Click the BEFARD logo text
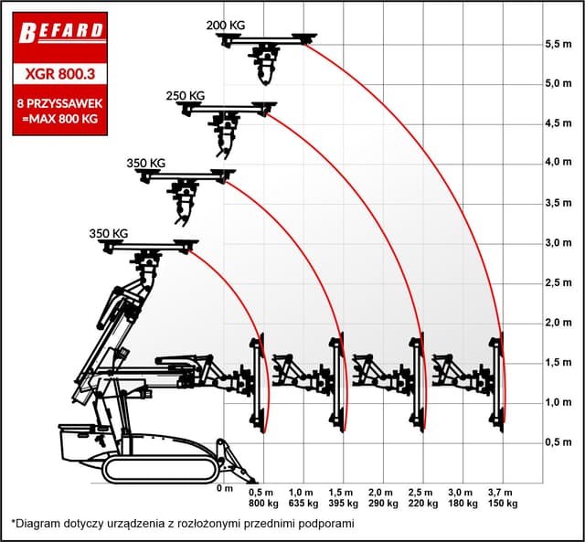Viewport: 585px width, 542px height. (60, 32)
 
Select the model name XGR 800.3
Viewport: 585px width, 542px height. (60, 73)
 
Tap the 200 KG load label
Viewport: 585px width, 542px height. (226, 26)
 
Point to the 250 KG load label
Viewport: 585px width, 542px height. (186, 96)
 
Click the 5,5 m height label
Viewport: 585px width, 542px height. (558, 44)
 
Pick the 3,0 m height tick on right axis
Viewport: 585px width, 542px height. (558, 243)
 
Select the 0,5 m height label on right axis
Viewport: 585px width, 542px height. (558, 442)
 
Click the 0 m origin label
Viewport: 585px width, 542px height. (225, 488)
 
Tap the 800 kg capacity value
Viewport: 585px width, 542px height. (264, 504)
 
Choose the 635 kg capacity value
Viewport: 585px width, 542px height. (303, 504)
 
